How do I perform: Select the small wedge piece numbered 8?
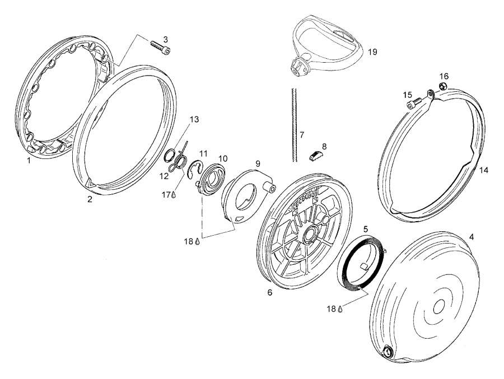pos(316,155)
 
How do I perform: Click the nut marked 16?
pos(441,86)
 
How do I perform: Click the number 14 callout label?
pos(483,170)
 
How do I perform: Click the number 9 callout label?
pos(258,163)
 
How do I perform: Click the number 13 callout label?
pos(194,119)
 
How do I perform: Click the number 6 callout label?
pos(269,292)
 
